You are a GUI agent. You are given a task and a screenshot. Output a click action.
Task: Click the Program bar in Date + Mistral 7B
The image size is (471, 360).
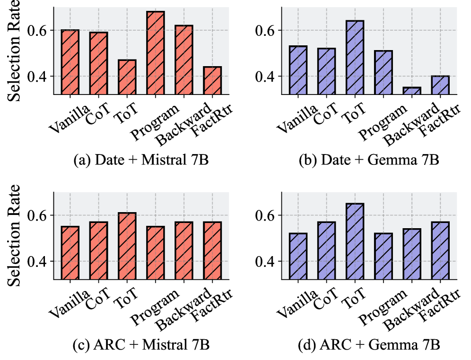click(x=156, y=53)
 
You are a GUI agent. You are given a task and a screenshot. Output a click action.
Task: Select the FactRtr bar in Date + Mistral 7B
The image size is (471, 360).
click(x=212, y=80)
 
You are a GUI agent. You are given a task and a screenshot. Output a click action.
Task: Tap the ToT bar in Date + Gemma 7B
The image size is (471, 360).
click(x=355, y=57)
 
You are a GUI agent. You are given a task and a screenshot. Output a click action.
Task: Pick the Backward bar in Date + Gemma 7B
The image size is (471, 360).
click(x=411, y=91)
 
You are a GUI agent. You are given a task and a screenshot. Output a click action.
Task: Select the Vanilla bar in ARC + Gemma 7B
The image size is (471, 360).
click(x=298, y=256)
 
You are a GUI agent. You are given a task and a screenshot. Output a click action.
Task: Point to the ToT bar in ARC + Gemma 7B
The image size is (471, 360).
click(x=355, y=241)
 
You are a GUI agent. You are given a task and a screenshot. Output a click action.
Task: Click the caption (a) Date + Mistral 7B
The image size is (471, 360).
click(x=141, y=160)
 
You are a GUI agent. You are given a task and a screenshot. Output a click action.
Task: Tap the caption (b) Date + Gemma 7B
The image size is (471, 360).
click(x=369, y=160)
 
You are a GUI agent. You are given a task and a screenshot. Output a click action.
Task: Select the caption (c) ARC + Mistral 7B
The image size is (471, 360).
click(x=141, y=345)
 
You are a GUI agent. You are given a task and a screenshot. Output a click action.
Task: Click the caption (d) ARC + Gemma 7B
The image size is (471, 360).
click(x=369, y=345)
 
